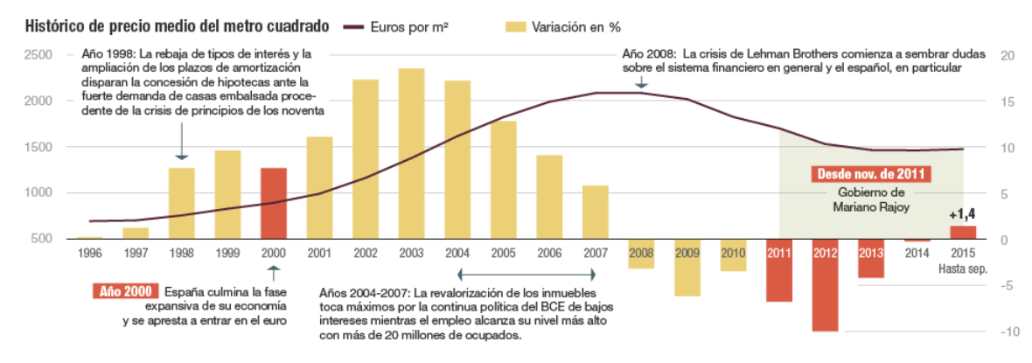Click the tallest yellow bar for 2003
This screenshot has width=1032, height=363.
pos(411,153)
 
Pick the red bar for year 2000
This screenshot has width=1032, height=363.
pos(273,203)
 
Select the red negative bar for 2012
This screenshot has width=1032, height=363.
pos(825,284)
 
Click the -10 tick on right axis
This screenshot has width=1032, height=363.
pos(1007,332)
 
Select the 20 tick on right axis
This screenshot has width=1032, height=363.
pos(1007,55)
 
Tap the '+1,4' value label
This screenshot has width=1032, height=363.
pos(962,213)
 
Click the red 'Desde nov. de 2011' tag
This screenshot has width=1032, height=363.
pos(871,173)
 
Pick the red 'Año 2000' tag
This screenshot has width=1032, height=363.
pos(124,291)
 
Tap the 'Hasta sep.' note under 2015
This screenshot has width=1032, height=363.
pos(962,269)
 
